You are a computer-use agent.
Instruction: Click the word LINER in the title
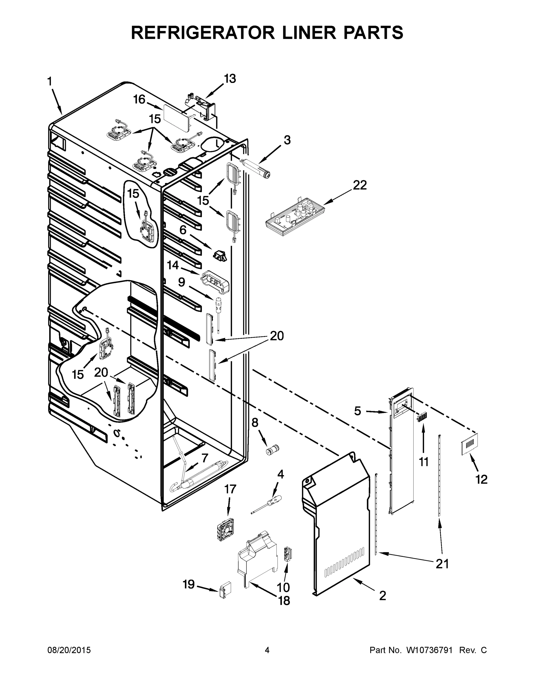coord(309,33)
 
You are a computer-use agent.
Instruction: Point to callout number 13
coord(230,79)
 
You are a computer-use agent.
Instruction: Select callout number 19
coord(189,584)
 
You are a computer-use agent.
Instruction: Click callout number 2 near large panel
coord(383,596)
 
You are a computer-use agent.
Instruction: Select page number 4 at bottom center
coord(267,650)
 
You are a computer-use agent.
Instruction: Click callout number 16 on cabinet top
coord(139,99)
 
